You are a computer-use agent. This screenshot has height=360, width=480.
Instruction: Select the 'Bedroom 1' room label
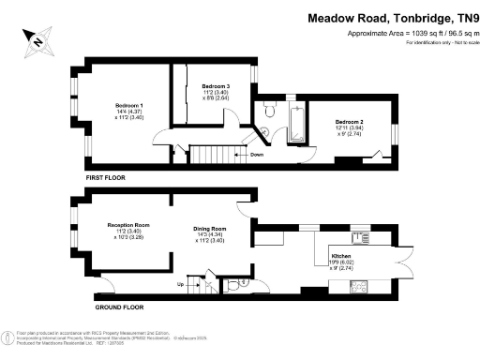coord(129,104)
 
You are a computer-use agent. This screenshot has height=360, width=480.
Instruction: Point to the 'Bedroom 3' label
coord(216,87)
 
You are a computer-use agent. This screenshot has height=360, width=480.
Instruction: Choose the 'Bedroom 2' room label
coord(349,123)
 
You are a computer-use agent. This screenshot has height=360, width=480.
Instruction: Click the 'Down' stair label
coord(257,155)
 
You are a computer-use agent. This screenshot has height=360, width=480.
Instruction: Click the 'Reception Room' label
coord(128,225)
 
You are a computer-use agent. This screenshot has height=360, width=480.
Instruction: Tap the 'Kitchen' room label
coord(341,255)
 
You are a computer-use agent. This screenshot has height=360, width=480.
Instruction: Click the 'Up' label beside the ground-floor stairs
coord(180,283)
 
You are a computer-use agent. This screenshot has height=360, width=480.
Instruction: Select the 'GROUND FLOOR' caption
coord(121,307)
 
